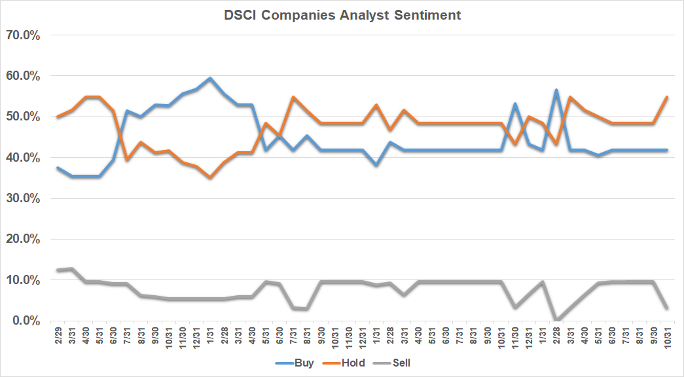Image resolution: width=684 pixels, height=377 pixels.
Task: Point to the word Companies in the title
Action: tap(300, 15)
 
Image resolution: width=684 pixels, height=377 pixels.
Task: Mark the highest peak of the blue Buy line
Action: tap(209, 79)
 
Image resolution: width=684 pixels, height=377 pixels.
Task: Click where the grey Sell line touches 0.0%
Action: tap(556, 320)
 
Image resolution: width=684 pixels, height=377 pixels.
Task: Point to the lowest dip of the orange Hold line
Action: tap(209, 177)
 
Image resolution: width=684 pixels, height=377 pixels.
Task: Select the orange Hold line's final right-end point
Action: tap(666, 97)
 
